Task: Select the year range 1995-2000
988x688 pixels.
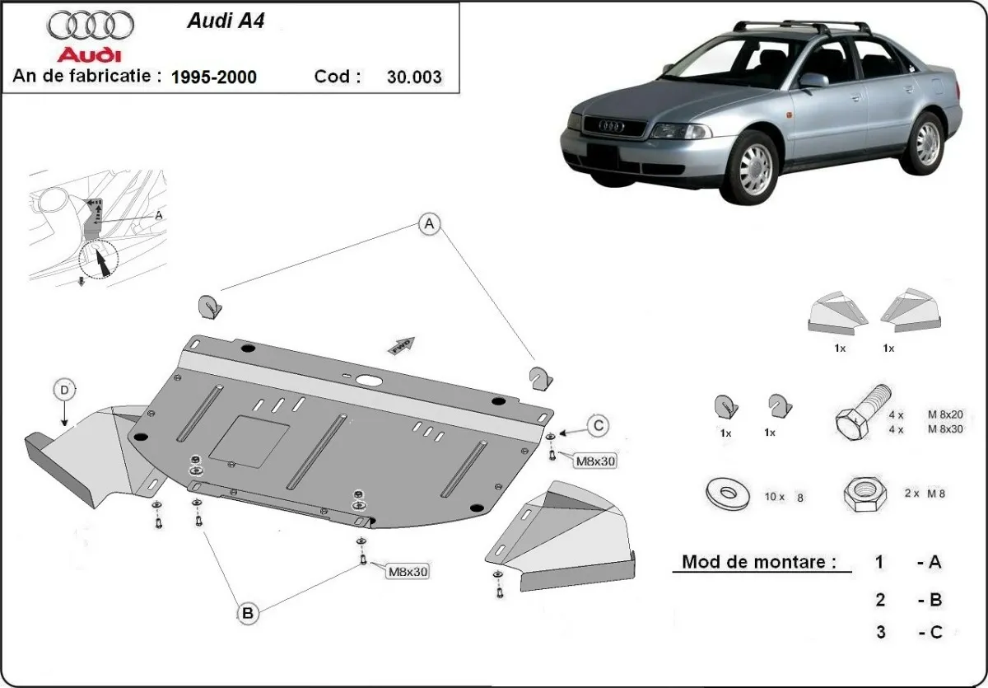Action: pyautogui.click(x=213, y=77)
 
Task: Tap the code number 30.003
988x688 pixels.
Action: pyautogui.click(x=414, y=77)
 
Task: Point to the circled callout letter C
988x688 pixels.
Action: pyautogui.click(x=599, y=425)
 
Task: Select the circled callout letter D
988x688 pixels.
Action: pyautogui.click(x=64, y=389)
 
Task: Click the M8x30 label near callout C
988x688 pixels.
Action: pyautogui.click(x=595, y=461)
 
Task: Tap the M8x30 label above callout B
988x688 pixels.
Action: pyautogui.click(x=407, y=571)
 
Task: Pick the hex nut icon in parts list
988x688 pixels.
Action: pyautogui.click(x=862, y=494)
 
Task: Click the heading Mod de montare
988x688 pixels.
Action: pyautogui.click(x=758, y=563)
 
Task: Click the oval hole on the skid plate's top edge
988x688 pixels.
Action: pyautogui.click(x=368, y=380)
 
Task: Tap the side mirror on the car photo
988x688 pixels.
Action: pyautogui.click(x=813, y=80)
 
